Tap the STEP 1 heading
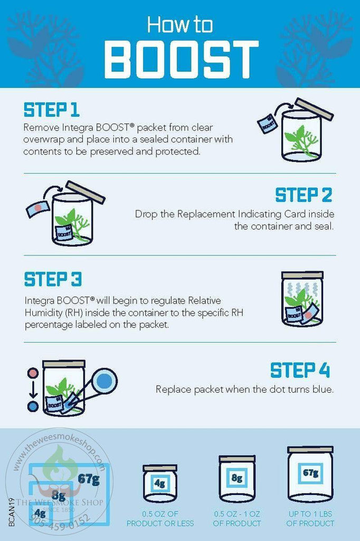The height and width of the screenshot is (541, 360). tap(51, 110)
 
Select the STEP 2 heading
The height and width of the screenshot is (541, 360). tap(304, 195)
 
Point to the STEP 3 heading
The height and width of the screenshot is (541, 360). tap(53, 279)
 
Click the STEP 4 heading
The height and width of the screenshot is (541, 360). tap(300, 370)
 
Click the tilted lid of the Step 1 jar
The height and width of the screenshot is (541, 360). tap(314, 109)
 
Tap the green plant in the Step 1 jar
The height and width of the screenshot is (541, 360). tap(299, 142)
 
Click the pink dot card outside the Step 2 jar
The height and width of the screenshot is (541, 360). tap(38, 208)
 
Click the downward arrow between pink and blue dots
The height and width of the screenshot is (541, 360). tap(33, 390)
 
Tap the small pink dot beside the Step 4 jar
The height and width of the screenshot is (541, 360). tap(33, 373)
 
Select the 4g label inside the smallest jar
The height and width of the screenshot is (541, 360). tap(159, 483)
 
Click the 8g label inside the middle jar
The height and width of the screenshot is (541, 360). tap(237, 478)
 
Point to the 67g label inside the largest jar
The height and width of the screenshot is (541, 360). tap(310, 472)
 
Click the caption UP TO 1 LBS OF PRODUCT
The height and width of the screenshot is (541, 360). tap(310, 519)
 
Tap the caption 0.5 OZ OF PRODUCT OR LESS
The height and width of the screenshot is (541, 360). tap(160, 519)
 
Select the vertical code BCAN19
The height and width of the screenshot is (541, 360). tap(12, 512)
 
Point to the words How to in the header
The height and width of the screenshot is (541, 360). tap(180, 25)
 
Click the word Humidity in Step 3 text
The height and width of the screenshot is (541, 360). tap(43, 313)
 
